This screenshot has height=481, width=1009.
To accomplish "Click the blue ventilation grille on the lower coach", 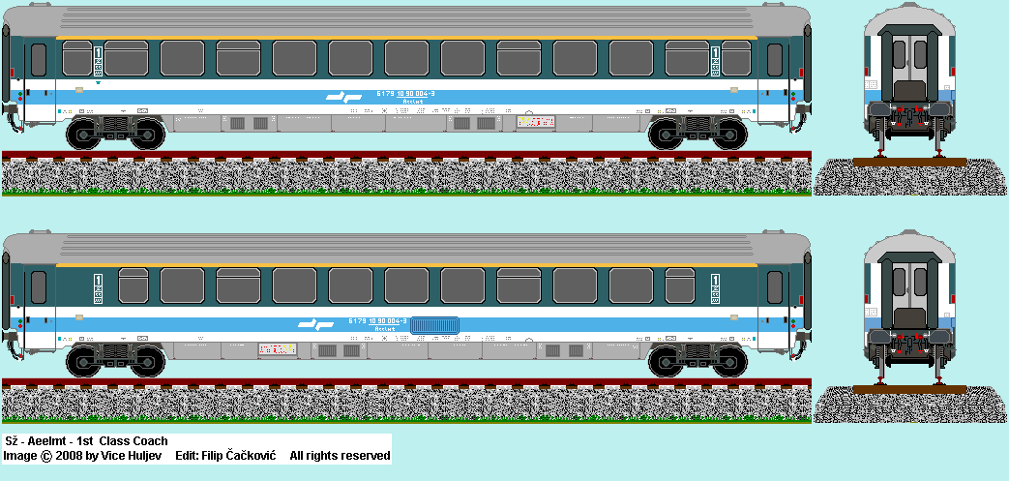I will [x=435, y=325].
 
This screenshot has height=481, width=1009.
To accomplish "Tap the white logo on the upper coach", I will [x=339, y=96].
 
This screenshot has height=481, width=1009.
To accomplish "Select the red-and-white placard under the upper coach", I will [x=537, y=122].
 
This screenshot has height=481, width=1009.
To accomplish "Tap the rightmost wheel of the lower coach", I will [x=725, y=360].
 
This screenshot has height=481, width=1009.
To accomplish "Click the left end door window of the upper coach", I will [x=39, y=60].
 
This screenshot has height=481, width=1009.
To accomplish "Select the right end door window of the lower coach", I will [x=774, y=286].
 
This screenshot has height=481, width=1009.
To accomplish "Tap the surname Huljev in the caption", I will [x=144, y=455].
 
